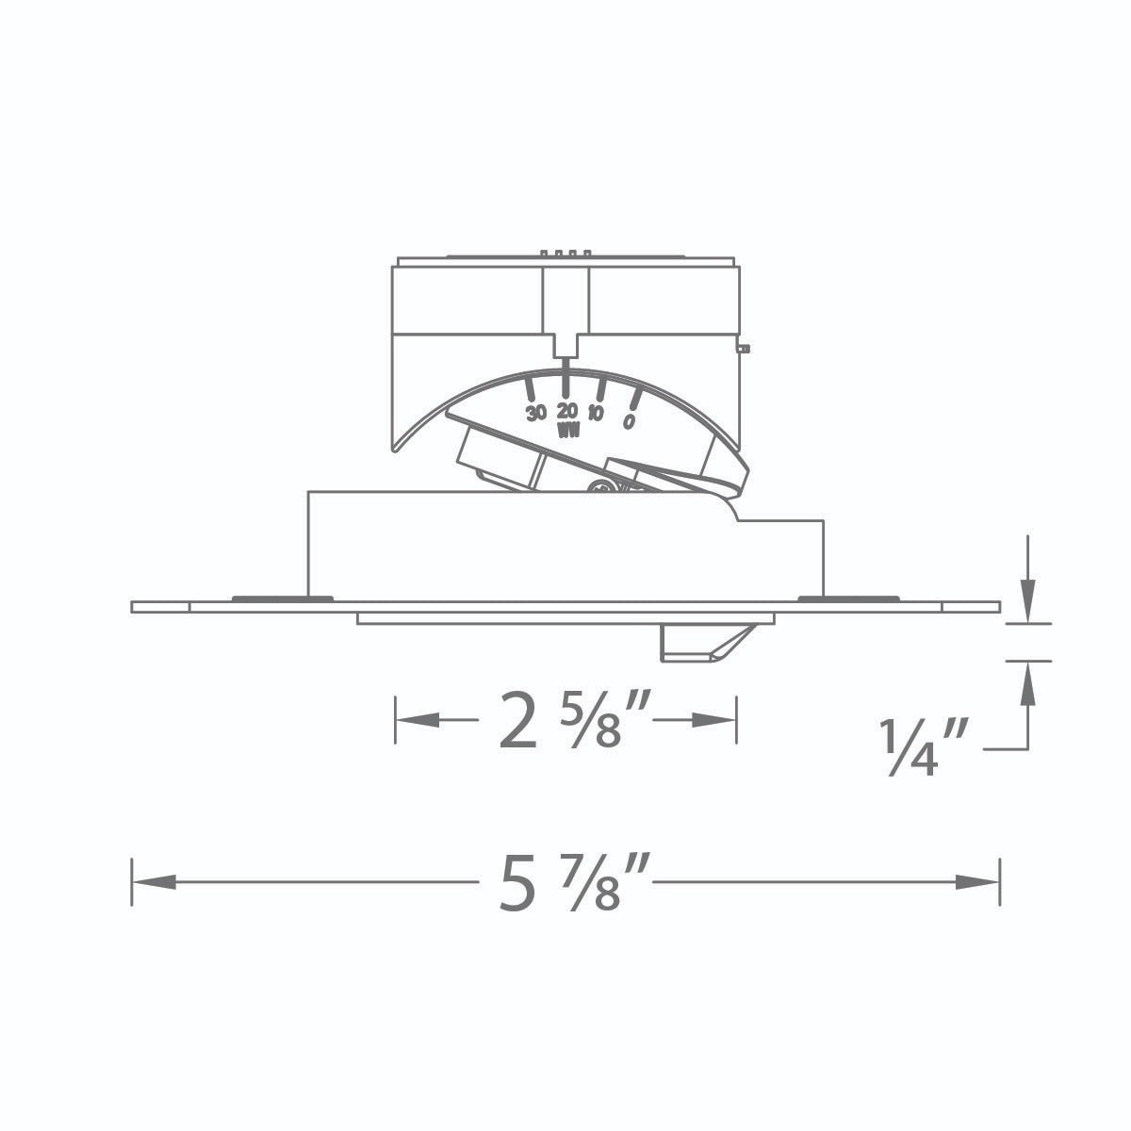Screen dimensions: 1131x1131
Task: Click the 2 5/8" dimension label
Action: click(x=564, y=721)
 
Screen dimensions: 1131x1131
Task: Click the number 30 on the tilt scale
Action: click(x=536, y=413)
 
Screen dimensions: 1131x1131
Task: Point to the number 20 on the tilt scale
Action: click(x=566, y=411)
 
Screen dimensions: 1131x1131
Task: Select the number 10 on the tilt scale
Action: click(x=596, y=414)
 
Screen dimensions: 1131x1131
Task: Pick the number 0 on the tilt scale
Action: click(x=629, y=420)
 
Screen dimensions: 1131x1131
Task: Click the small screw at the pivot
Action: click(x=599, y=485)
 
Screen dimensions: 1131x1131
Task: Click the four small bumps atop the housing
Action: click(x=566, y=253)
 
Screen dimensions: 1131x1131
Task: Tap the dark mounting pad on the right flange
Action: click(x=848, y=598)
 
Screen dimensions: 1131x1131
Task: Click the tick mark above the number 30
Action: click(x=531, y=389)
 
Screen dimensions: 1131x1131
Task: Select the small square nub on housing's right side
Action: click(x=744, y=350)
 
